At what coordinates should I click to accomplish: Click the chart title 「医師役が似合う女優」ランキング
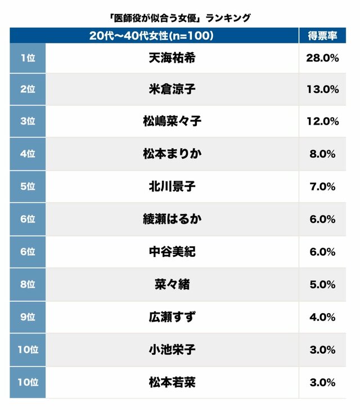coord(178,18)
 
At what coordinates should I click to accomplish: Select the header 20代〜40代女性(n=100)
coord(151,36)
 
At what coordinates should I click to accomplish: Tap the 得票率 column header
coord(322,36)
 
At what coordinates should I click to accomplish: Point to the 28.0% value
coord(323,57)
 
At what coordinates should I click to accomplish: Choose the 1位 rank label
coord(27,57)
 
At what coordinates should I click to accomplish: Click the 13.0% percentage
coord(323,89)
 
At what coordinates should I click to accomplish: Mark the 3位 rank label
coord(27,121)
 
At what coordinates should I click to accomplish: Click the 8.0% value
coord(323,154)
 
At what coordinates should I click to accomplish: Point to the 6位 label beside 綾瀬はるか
coord(27,219)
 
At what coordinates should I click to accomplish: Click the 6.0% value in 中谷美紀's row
coord(323,252)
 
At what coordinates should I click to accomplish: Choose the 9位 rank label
coord(27,317)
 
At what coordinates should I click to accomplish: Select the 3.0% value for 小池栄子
coord(323,350)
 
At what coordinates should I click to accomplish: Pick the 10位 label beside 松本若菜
coord(27,382)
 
